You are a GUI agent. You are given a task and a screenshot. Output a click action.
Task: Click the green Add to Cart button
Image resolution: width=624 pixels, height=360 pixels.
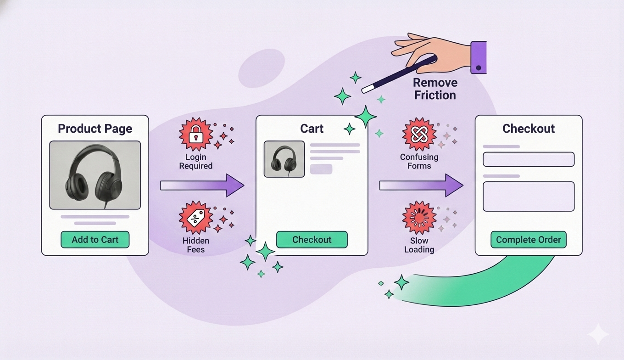click(x=95, y=240)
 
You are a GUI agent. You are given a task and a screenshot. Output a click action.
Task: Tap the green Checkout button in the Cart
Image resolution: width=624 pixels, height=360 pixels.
click(x=312, y=240)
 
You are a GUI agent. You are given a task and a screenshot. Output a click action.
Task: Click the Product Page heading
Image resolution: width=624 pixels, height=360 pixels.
click(x=95, y=129)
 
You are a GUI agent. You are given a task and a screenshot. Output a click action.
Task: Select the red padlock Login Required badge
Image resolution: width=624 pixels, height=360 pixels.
click(x=196, y=133)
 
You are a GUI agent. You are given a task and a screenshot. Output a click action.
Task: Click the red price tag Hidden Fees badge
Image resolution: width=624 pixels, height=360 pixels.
click(x=196, y=217)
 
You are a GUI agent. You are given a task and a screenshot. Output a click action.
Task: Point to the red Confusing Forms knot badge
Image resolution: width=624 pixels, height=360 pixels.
click(x=419, y=133)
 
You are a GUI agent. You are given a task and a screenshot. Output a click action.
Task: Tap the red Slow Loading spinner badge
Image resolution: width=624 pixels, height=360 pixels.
click(x=419, y=217)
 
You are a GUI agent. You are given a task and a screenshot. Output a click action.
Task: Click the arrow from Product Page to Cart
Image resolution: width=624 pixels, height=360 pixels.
click(x=202, y=186)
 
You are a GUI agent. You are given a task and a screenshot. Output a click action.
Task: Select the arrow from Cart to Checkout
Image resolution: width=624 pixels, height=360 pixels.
click(x=421, y=186)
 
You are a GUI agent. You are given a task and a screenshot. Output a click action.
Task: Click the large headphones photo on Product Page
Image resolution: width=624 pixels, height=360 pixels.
click(x=95, y=175)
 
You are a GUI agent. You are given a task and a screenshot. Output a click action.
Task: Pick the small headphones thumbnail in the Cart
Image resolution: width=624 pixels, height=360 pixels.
click(x=284, y=159)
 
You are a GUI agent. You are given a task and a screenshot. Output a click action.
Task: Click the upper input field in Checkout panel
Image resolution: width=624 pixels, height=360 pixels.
click(x=529, y=159)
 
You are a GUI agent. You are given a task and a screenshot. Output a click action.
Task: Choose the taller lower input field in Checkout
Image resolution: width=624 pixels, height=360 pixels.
click(x=529, y=197)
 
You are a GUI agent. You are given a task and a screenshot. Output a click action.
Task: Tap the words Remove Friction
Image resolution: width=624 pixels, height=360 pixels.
click(x=435, y=89)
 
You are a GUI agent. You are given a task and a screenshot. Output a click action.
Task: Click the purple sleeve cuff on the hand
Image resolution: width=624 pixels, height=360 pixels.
click(x=479, y=57)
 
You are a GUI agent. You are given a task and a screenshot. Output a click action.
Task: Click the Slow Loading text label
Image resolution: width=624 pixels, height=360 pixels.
click(x=419, y=245)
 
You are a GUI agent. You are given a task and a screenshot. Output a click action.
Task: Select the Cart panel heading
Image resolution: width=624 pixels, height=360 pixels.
click(x=312, y=129)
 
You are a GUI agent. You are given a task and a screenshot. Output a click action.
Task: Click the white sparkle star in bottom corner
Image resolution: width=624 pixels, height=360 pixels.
click(x=598, y=334)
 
